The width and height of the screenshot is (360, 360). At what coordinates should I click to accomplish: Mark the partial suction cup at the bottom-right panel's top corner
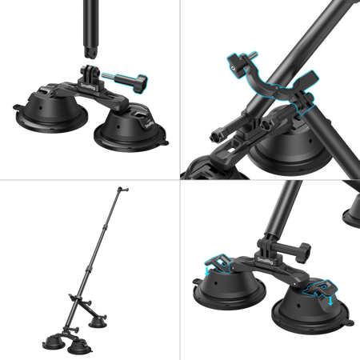[x=350, y=210]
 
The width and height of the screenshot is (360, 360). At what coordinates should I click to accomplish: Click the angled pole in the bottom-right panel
[x=284, y=208]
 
